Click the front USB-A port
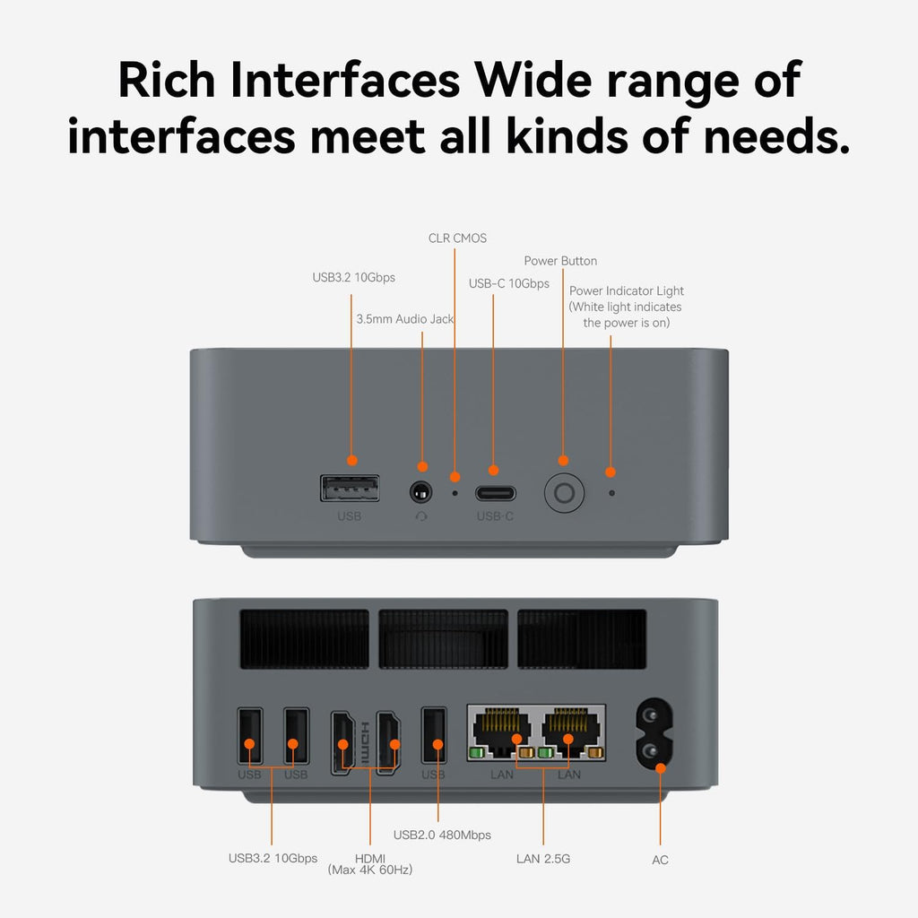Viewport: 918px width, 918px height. tap(350, 489)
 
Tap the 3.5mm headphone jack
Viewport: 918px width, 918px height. tap(421, 492)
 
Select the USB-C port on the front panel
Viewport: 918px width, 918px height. tap(495, 493)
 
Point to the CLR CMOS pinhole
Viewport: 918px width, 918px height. tap(455, 493)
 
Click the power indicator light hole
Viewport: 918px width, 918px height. tap(611, 493)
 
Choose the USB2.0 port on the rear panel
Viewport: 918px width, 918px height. tap(434, 735)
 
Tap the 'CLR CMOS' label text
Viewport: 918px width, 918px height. tap(457, 238)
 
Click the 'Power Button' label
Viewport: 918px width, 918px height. tap(560, 261)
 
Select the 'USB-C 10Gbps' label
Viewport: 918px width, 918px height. tap(509, 284)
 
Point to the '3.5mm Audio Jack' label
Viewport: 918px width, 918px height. tap(404, 319)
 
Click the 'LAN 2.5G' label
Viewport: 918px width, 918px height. tap(543, 859)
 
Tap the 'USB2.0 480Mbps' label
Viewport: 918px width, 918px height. tap(442, 835)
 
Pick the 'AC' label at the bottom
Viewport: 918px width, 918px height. tap(660, 860)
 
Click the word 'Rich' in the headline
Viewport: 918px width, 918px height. tap(166, 80)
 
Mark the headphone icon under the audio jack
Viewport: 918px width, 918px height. tap(421, 516)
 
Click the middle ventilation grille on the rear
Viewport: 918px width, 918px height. tap(443, 638)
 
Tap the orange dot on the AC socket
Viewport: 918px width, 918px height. tap(661, 768)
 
